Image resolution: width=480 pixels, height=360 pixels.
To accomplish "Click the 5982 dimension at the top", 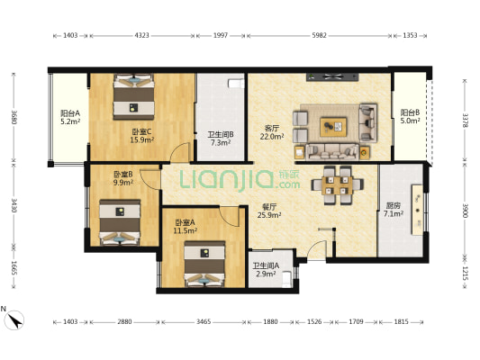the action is coord(320,35).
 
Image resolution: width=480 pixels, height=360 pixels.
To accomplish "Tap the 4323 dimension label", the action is coord(142,35).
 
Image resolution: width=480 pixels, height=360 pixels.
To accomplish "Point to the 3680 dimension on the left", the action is coord(14,117).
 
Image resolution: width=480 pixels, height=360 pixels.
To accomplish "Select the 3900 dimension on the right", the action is coord(465,211).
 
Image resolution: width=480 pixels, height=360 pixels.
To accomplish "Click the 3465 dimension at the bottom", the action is coord(204,322).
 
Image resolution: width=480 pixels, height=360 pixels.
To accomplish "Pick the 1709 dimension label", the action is coord(357,322).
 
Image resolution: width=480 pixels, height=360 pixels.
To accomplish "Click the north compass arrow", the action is coord(14,320).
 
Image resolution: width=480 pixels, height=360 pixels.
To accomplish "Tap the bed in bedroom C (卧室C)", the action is coord(133,96).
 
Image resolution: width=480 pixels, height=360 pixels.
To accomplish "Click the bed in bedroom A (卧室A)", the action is coord(204,264).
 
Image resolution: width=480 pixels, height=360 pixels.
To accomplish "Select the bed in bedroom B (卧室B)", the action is coord(120,222).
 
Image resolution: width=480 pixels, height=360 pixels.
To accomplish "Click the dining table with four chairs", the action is coord(337,185).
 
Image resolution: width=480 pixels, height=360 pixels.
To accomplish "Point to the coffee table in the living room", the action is coord(333,127).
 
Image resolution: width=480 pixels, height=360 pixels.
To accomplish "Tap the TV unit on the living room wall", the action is coord(332,77).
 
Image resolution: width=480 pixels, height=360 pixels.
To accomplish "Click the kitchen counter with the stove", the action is coord(417,210).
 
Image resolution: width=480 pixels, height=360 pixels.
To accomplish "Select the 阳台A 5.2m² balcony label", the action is coord(70,117).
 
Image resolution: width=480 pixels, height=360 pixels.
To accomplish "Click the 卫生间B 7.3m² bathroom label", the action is coord(221,139).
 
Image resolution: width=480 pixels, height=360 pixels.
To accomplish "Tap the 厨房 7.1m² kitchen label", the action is coord(394,210).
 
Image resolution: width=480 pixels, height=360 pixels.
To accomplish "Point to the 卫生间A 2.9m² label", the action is coord(266,270).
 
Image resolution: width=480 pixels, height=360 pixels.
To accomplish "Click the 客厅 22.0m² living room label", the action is coord(272,132).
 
